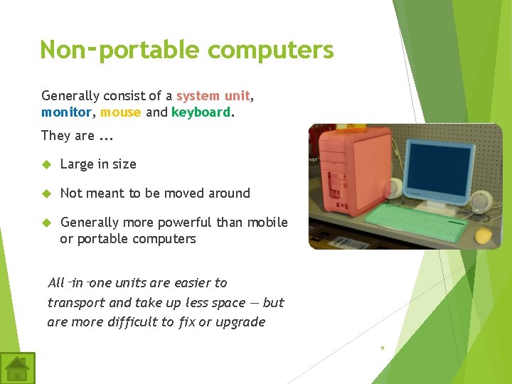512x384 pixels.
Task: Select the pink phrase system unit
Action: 213,96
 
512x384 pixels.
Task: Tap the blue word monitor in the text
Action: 66,112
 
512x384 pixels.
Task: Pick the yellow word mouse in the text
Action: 120,112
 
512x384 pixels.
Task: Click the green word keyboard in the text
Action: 201,112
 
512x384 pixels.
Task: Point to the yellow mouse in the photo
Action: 484,236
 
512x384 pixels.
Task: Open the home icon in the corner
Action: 17,368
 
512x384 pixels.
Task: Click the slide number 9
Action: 382,348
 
